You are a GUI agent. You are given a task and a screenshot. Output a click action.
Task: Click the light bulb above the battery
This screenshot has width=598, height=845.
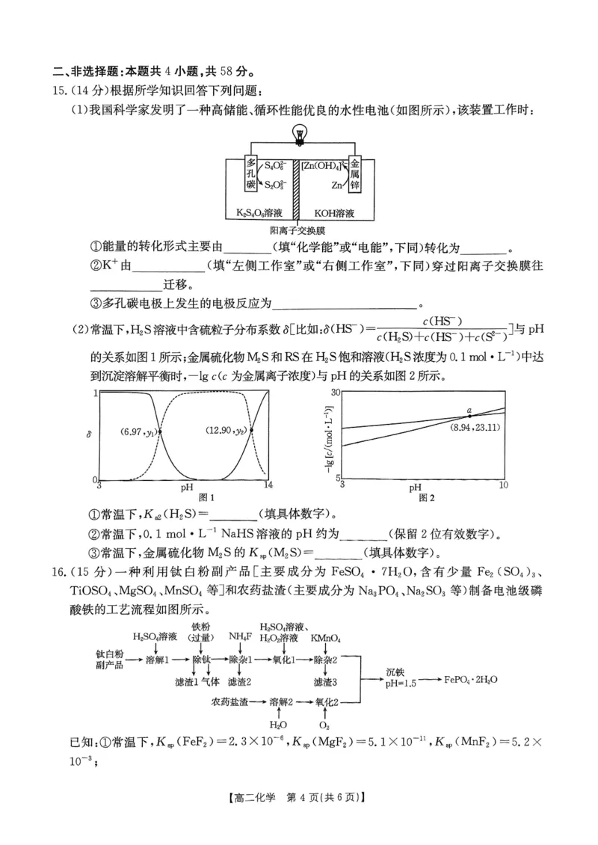[300, 135]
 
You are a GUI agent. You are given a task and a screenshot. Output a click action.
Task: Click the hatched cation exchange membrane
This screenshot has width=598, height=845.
[296, 188]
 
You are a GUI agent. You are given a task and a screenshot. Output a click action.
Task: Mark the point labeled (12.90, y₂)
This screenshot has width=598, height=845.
[251, 430]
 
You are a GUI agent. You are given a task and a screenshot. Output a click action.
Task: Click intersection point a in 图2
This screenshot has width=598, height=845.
[469, 416]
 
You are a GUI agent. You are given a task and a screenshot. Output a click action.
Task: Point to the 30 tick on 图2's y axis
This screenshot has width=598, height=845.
[336, 392]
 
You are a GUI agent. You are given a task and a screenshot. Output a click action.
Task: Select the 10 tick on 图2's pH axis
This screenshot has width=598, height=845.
[503, 485]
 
